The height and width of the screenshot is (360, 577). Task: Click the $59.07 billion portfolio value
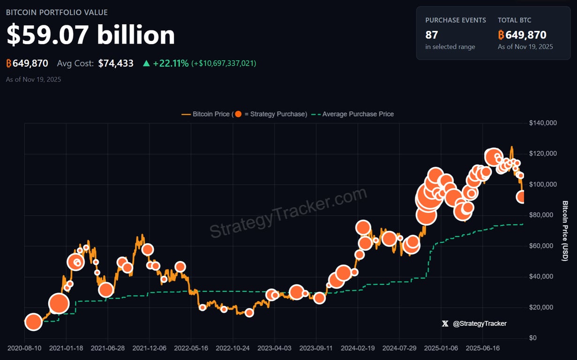90,35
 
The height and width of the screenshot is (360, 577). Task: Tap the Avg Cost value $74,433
116,63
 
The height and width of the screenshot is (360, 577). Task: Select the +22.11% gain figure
171,63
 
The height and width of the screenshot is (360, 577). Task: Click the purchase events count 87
432,35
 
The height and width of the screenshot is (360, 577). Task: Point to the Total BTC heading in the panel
514,20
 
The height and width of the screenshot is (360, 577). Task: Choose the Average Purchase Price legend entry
358,114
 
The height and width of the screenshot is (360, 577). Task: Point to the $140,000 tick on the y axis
542,123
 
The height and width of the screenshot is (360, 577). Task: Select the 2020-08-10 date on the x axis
24,348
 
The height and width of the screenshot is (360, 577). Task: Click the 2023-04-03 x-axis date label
275,348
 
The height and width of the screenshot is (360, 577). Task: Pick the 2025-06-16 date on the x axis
483,348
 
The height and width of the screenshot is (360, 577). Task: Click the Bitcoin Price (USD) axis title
565,231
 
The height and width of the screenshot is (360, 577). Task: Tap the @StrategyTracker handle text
480,323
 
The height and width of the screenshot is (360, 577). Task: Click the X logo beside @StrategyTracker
445,323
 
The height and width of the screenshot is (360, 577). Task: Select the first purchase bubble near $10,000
33,322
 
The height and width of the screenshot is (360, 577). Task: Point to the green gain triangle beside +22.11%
147,63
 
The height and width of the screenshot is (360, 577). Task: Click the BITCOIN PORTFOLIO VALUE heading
57,12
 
